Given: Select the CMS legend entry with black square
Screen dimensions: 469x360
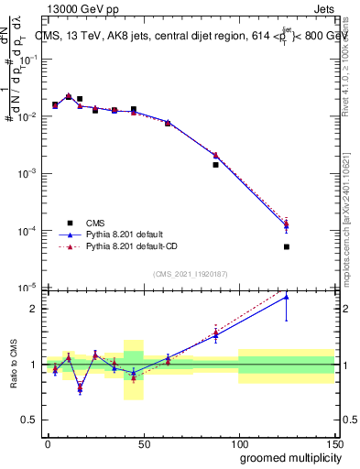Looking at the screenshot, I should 96,223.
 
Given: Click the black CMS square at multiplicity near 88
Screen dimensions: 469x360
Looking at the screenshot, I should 215,165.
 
